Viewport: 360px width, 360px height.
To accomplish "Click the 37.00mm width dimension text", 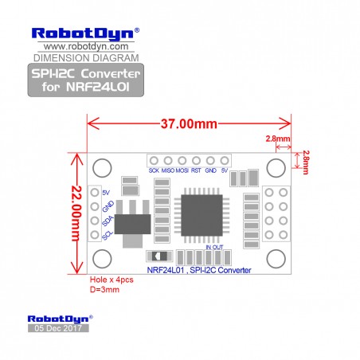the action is [x=189, y=123].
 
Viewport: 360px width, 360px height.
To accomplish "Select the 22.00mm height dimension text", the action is [x=76, y=213].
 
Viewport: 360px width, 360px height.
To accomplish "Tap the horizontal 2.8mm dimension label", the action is [x=278, y=139].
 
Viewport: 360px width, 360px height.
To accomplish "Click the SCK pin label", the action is [x=154, y=170].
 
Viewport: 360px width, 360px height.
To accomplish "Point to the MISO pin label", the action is [x=168, y=170].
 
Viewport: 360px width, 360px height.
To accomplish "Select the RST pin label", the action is [x=196, y=170].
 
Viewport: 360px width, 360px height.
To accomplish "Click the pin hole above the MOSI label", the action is [x=182, y=161].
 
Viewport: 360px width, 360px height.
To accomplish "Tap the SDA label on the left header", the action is [x=108, y=221].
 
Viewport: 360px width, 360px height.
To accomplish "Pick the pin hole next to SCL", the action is [x=95, y=235].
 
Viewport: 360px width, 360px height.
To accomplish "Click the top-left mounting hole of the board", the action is [x=102, y=168].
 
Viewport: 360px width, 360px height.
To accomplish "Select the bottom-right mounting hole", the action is [x=276, y=259].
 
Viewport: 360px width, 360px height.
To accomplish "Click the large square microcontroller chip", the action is [x=202, y=215].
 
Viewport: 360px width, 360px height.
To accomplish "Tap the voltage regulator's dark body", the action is [x=132, y=225].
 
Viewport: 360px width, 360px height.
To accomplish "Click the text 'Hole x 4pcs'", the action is [x=112, y=280].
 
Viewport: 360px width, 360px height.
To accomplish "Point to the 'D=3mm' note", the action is [x=104, y=289].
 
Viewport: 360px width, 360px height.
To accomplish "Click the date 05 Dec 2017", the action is [x=58, y=328].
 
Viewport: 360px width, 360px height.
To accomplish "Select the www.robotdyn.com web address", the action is [x=86, y=46].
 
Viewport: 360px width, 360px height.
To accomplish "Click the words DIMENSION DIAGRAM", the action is [x=86, y=58].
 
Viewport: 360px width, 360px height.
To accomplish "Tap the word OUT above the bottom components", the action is [x=217, y=247].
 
